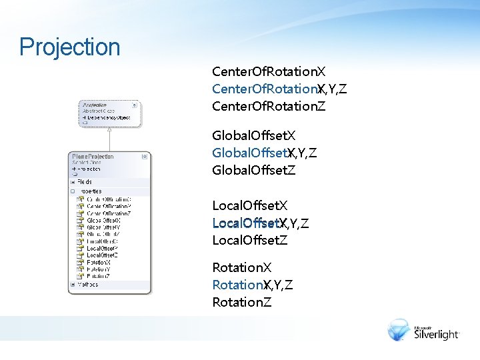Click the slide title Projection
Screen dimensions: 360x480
click(x=70, y=47)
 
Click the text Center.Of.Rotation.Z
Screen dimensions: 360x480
click(x=269, y=106)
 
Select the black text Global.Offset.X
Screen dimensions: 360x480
click(x=254, y=136)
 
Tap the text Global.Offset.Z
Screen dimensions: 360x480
click(x=254, y=170)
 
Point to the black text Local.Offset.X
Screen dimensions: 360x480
click(x=250, y=205)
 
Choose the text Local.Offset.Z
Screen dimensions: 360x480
click(x=250, y=240)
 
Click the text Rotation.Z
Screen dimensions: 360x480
click(x=242, y=302)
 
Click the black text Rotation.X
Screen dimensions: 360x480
click(x=242, y=267)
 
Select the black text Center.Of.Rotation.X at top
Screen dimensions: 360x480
click(x=269, y=71)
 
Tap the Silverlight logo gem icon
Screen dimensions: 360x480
click(x=399, y=329)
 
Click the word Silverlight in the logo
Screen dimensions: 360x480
click(x=437, y=334)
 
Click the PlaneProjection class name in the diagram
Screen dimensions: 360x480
click(x=93, y=157)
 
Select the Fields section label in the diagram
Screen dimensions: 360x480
click(x=85, y=181)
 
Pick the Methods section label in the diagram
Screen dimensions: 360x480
click(x=87, y=284)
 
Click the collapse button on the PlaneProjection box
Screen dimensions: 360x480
click(x=145, y=157)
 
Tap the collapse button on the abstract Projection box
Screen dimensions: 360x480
click(x=134, y=105)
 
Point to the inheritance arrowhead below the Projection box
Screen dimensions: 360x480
click(x=109, y=131)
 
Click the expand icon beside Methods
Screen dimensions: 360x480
click(x=73, y=284)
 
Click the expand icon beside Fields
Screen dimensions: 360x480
click(x=73, y=181)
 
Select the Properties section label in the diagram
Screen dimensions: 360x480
click(x=89, y=191)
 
